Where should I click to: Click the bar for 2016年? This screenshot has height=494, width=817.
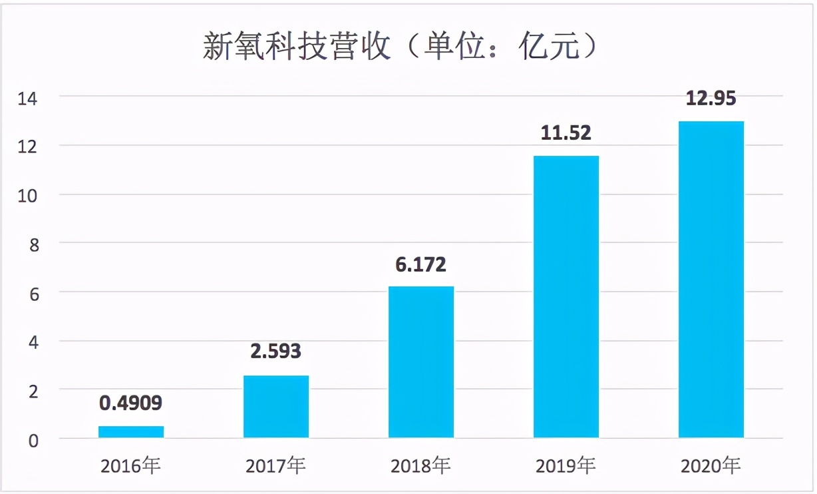click(x=131, y=431)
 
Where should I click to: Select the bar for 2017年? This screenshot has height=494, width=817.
click(x=276, y=406)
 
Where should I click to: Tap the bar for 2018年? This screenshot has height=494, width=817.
click(x=421, y=362)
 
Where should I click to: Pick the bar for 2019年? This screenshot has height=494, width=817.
click(x=566, y=296)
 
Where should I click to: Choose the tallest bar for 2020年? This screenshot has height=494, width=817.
click(x=711, y=279)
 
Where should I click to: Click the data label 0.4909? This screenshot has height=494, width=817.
click(x=131, y=403)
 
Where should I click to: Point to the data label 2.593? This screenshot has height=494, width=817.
click(x=276, y=350)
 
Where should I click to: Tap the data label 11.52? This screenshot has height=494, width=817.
click(x=566, y=133)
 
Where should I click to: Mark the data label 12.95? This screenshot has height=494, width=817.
click(x=711, y=99)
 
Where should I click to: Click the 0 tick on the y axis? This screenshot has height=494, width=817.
click(x=33, y=440)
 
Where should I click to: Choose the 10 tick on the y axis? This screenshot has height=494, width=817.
click(x=30, y=196)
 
